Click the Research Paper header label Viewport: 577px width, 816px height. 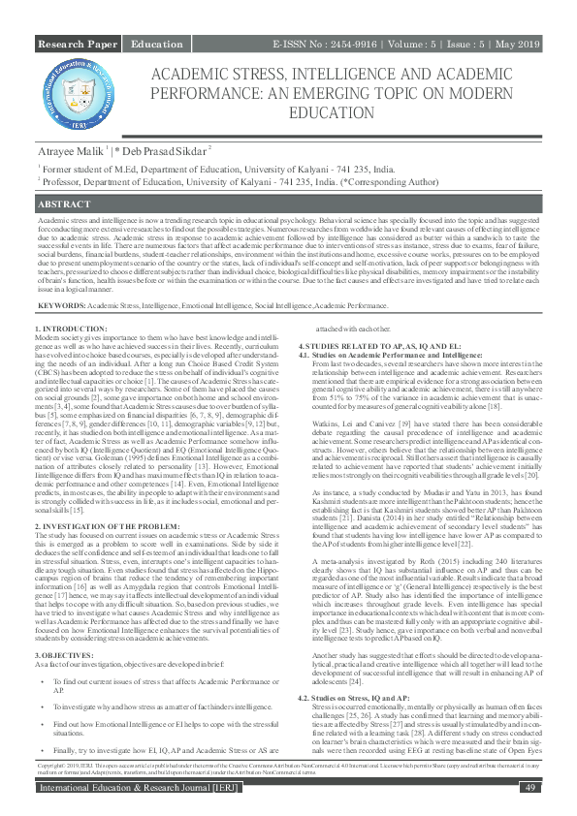coord(77,46)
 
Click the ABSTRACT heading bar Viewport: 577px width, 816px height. coord(288,206)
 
